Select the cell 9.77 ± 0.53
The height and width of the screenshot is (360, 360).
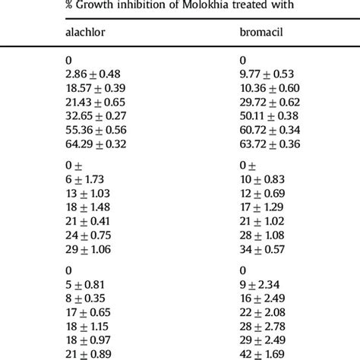click(268, 74)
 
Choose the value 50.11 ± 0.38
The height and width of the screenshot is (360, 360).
click(271, 115)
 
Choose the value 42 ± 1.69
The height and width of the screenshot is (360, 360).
click(264, 354)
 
